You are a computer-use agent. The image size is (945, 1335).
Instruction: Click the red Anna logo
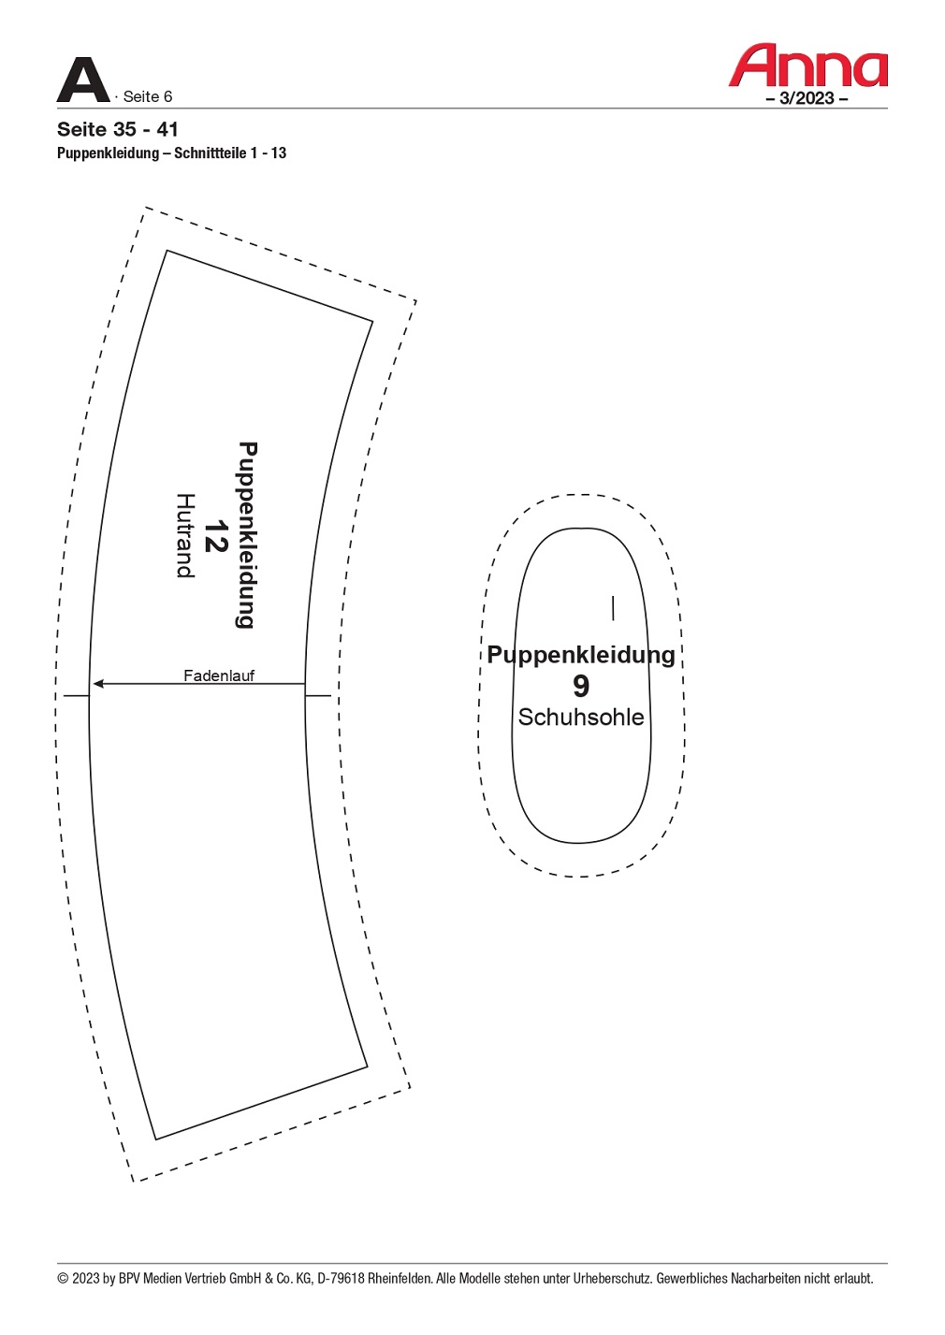[807, 65]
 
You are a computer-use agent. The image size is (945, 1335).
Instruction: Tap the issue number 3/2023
[807, 98]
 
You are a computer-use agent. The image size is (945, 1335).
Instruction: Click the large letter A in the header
[83, 80]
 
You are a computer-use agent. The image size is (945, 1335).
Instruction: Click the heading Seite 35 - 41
[118, 129]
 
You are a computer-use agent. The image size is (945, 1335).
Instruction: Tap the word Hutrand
[185, 535]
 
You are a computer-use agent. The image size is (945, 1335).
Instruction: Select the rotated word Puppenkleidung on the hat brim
[246, 535]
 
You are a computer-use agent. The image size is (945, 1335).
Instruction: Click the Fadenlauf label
[219, 675]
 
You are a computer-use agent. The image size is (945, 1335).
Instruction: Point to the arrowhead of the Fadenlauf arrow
[98, 684]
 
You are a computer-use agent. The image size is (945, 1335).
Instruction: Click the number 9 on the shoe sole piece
[581, 686]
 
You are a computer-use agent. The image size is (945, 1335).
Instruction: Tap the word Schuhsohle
[581, 717]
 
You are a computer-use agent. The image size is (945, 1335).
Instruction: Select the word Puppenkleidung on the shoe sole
[581, 655]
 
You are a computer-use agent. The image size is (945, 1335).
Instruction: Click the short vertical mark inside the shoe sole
[613, 608]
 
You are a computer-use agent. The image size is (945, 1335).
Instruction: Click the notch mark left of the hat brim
[77, 695]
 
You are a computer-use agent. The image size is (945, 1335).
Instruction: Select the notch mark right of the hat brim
[318, 695]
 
